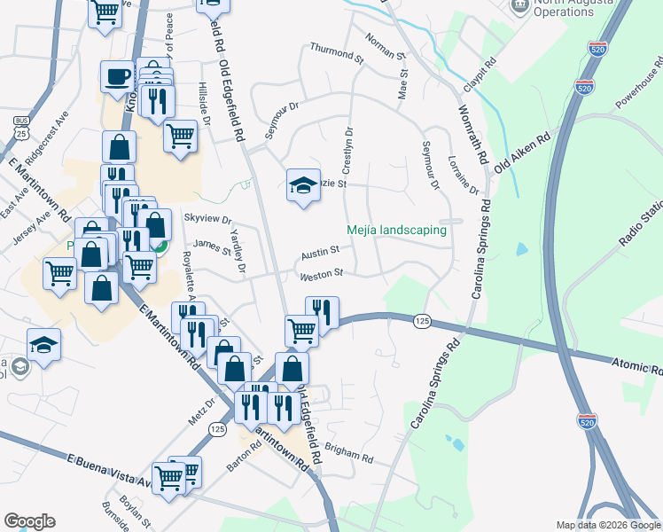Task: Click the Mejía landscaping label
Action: (395, 230)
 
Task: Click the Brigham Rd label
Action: (348, 453)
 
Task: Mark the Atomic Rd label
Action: (637, 366)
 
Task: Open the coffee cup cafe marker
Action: (116, 76)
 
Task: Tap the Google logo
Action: (29, 521)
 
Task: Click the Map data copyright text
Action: (607, 525)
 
